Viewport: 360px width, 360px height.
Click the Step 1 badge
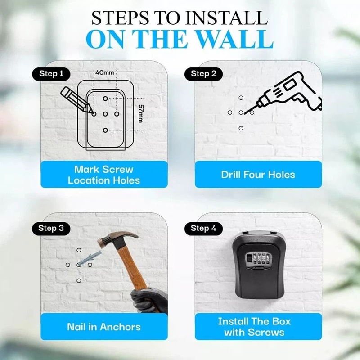51,74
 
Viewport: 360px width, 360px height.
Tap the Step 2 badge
203,74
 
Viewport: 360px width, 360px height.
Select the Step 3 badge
51,228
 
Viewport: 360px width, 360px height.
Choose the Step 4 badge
203,228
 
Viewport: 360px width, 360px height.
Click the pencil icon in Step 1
76,99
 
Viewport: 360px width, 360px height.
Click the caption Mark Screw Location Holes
104,175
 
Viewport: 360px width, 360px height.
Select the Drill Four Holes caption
258,175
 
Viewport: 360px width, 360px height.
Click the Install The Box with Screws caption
254,327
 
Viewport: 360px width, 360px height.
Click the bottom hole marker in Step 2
241,128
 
